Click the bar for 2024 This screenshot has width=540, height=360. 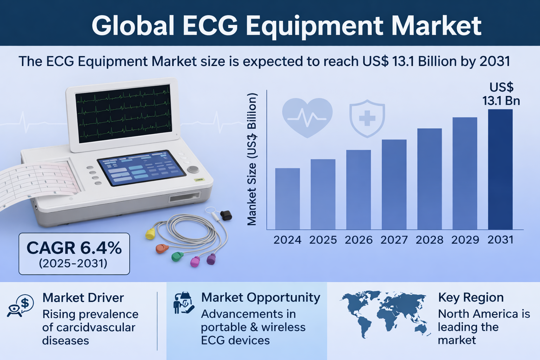coord(287,199)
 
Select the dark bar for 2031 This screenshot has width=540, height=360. coord(500,169)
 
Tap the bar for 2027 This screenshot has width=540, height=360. coord(394,185)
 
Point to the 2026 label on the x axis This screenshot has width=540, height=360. coord(359,240)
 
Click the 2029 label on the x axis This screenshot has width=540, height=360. coord(465,240)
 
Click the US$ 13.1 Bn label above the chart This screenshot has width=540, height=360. coord(501,94)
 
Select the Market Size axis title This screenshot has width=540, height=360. coord(252,159)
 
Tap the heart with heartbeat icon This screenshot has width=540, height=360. coord(307,118)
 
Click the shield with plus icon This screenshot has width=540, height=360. coord(367,118)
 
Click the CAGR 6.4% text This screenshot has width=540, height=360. coord(74,248)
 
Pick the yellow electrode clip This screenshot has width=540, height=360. coord(150,234)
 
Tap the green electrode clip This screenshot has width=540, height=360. coord(177,256)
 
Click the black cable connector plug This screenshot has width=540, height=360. coord(226,215)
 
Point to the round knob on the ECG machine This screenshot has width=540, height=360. coord(193,169)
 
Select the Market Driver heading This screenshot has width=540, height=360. coord(83,297)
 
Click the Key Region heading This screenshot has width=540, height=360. coord(471,297)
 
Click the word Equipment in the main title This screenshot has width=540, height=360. coord(314,26)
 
